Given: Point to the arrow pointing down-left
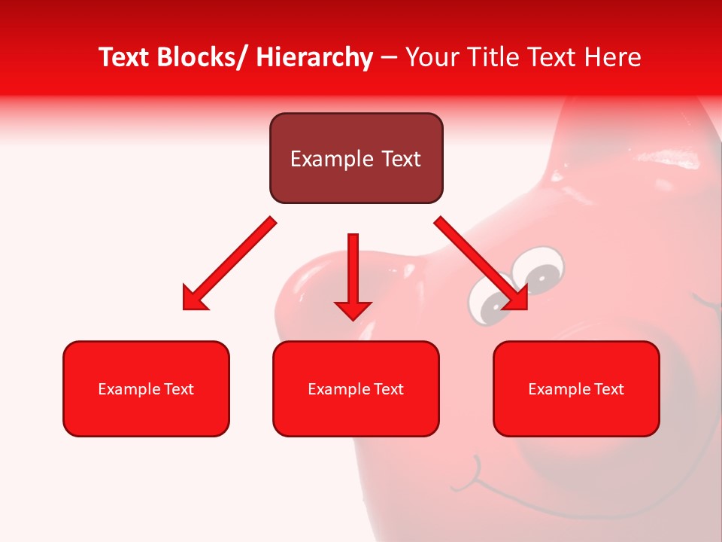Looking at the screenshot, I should click(x=229, y=264).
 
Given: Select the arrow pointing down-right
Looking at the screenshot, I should click(x=481, y=263).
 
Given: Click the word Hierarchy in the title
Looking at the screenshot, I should click(x=314, y=57).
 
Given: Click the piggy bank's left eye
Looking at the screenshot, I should click(x=489, y=304).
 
